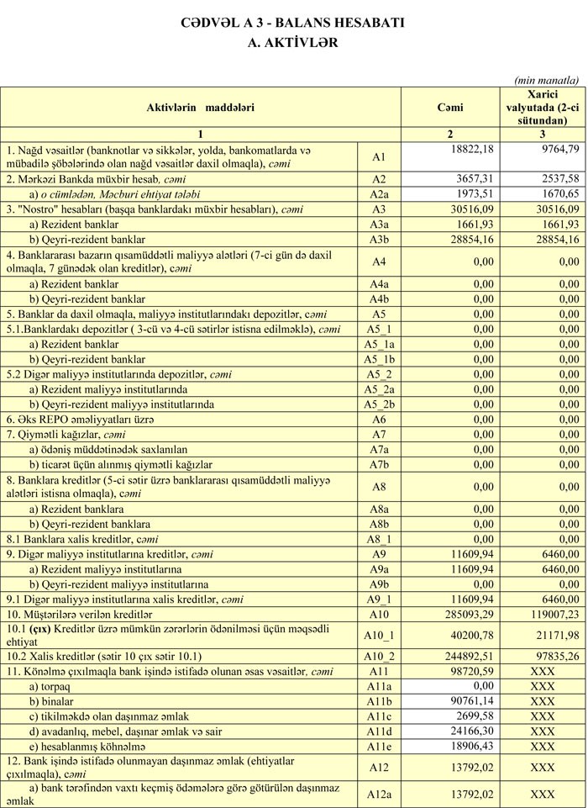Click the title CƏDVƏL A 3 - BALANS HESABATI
coord(293,23)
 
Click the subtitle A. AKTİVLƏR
coord(293,42)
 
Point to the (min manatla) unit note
coord(546,80)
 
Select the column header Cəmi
coord(450,108)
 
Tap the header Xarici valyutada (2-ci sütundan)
coord(542,108)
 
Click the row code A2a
coord(378,194)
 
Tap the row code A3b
coord(378,240)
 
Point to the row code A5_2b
coord(378,404)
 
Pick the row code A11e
coord(378,746)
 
